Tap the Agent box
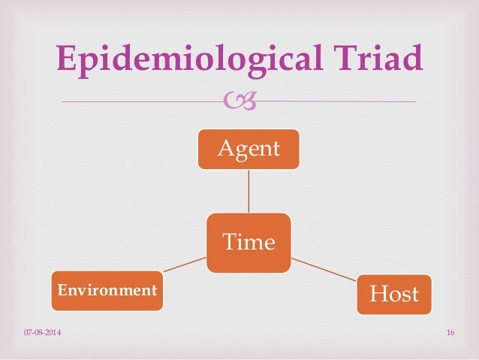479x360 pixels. coord(249,149)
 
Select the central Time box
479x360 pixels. coord(249,242)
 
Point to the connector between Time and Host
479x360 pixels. coord(324,268)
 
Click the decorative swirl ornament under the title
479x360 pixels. coord(249,100)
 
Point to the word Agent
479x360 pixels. coord(249,149)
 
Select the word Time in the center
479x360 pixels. coord(249,242)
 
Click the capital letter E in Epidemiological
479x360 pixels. coord(68,58)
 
